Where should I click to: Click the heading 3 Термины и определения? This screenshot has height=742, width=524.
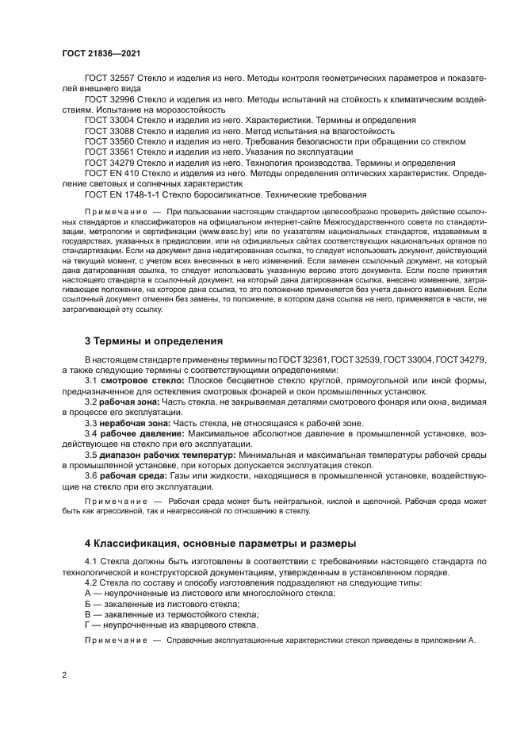155,341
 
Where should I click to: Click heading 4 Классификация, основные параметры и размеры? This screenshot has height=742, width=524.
220,543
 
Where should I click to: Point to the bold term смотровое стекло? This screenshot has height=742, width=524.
137,381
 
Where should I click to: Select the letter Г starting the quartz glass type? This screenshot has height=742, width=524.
87,625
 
